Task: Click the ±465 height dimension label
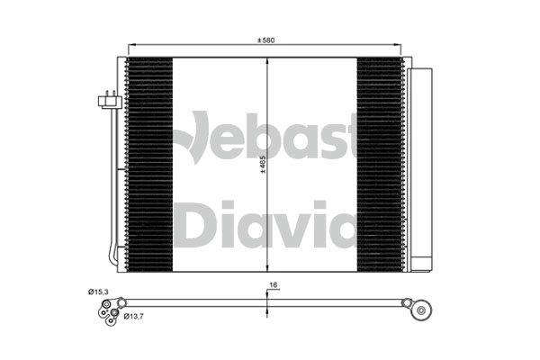point(262,166)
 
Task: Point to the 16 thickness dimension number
point(271,285)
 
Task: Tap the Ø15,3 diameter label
point(100,292)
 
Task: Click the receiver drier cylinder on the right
point(420,166)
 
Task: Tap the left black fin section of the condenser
point(149,165)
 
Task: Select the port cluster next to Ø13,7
point(106,310)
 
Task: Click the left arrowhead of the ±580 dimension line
point(131,46)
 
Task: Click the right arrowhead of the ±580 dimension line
point(402,46)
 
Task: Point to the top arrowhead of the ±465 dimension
point(267,61)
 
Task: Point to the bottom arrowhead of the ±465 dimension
point(267,268)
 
